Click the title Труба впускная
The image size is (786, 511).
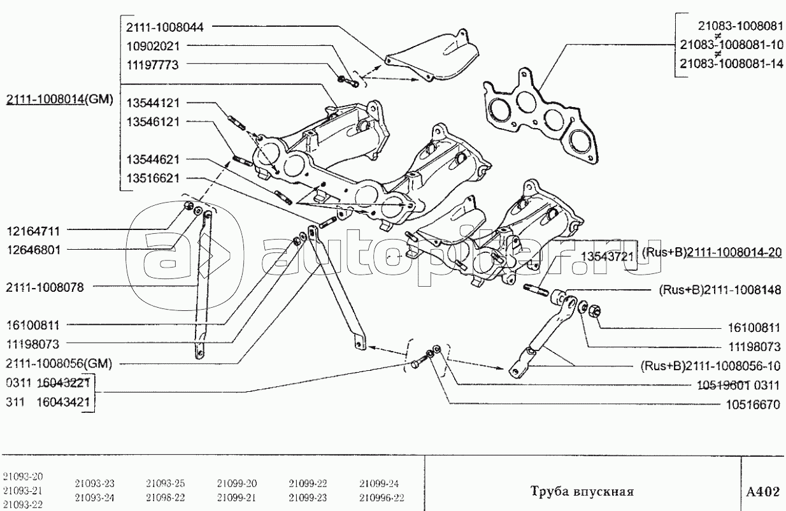[x=581, y=492]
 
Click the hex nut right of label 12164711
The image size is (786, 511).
[x=189, y=206]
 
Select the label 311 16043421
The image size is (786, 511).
[x=48, y=402]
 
